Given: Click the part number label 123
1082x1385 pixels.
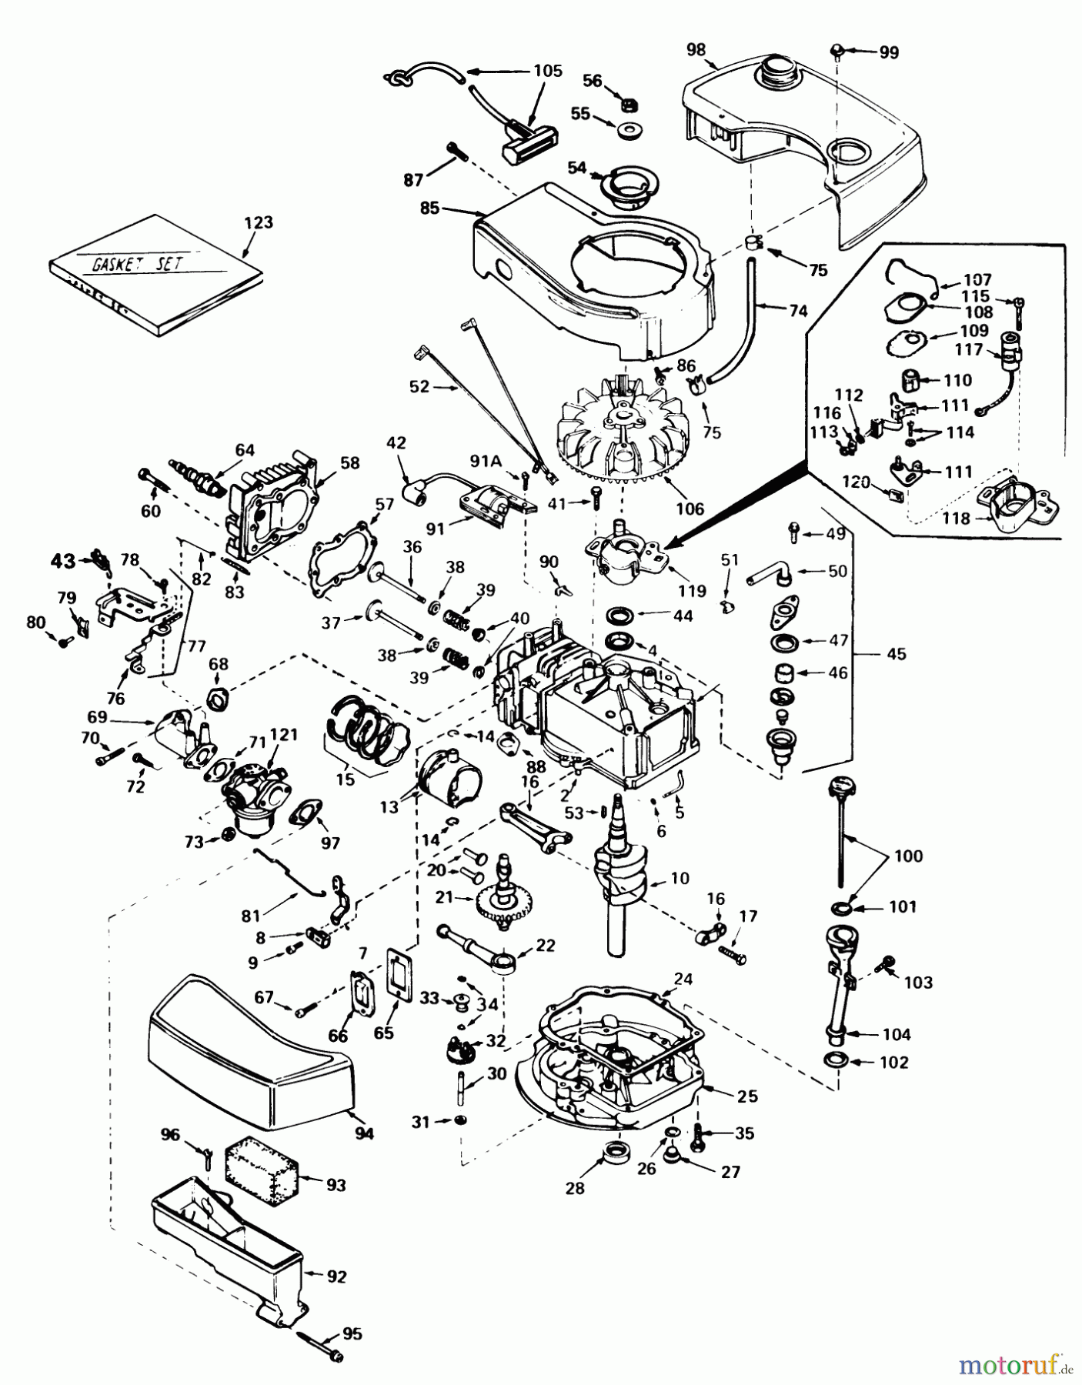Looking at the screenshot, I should [258, 222].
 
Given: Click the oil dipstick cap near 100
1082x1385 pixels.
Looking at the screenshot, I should [839, 789].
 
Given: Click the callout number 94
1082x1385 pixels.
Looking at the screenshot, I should [364, 1133].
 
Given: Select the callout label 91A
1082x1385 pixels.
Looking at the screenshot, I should [486, 462].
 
